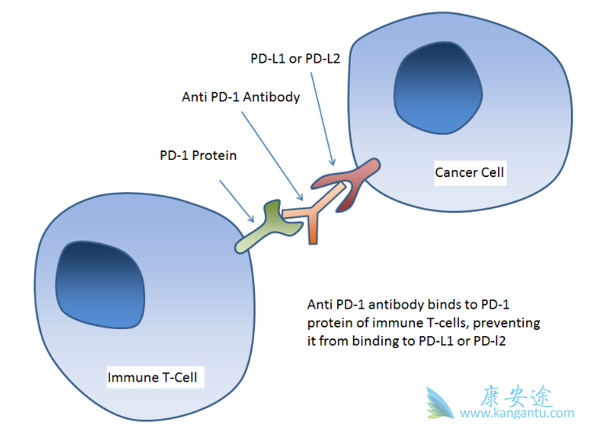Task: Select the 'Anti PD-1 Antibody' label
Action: pos(241,97)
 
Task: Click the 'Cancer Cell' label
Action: pos(469,172)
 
